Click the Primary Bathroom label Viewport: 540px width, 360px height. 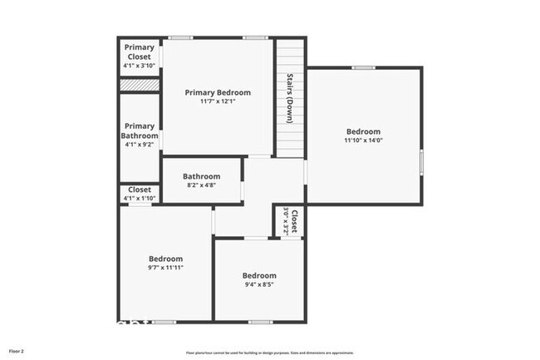tap(139, 131)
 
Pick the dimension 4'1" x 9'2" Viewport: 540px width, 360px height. tap(139, 145)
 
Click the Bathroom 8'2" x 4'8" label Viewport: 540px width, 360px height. tap(202, 176)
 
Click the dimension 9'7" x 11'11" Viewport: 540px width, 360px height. tap(166, 268)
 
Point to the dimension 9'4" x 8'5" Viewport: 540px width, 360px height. tap(259, 285)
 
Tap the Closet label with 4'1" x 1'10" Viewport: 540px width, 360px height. tap(140, 190)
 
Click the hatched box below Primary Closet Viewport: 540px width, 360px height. tap(139, 85)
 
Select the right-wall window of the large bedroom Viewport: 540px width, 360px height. tap(421, 161)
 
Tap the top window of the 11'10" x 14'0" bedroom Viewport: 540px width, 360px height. tap(363, 67)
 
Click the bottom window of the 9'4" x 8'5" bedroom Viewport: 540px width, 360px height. tap(260, 322)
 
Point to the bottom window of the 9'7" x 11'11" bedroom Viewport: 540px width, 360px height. tap(164, 322)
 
